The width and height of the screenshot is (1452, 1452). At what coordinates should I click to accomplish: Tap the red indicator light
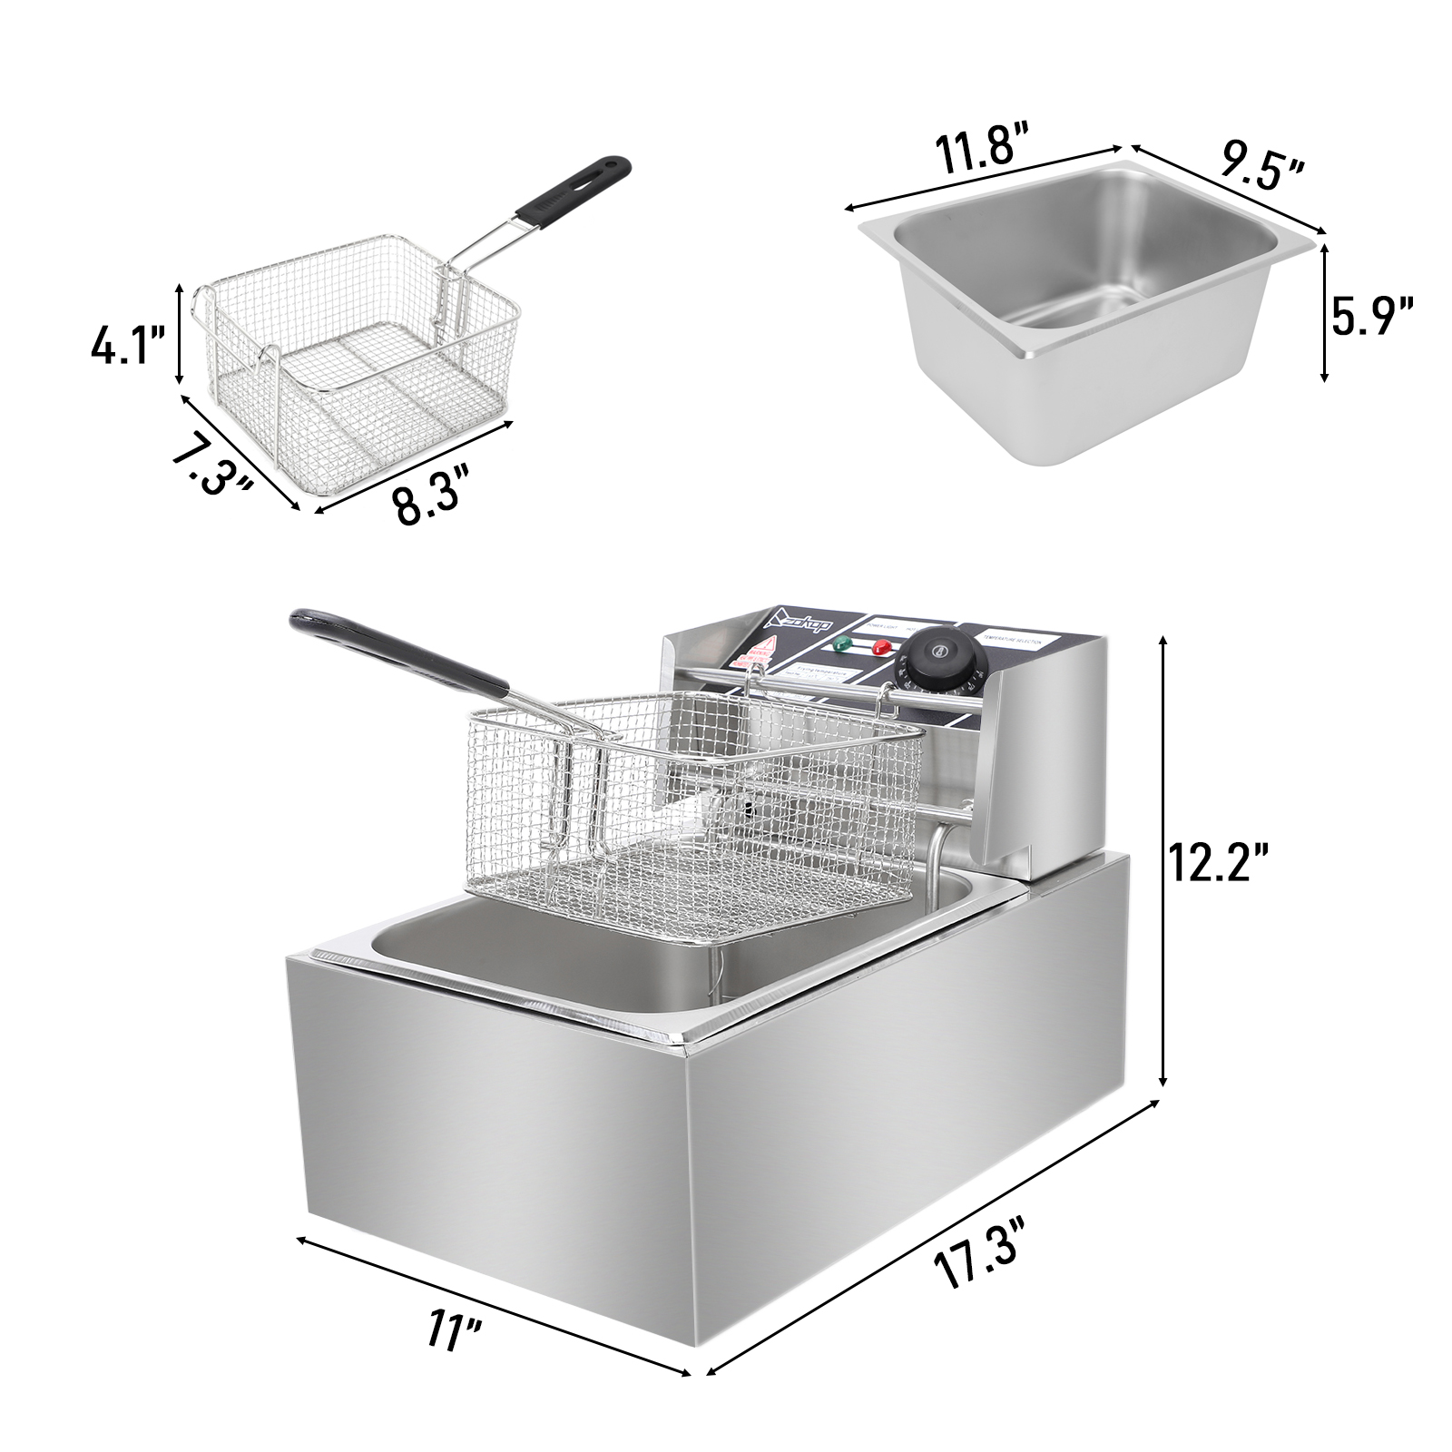coord(879,647)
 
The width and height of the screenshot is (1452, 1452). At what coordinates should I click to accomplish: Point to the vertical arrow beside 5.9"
coord(1325,313)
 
